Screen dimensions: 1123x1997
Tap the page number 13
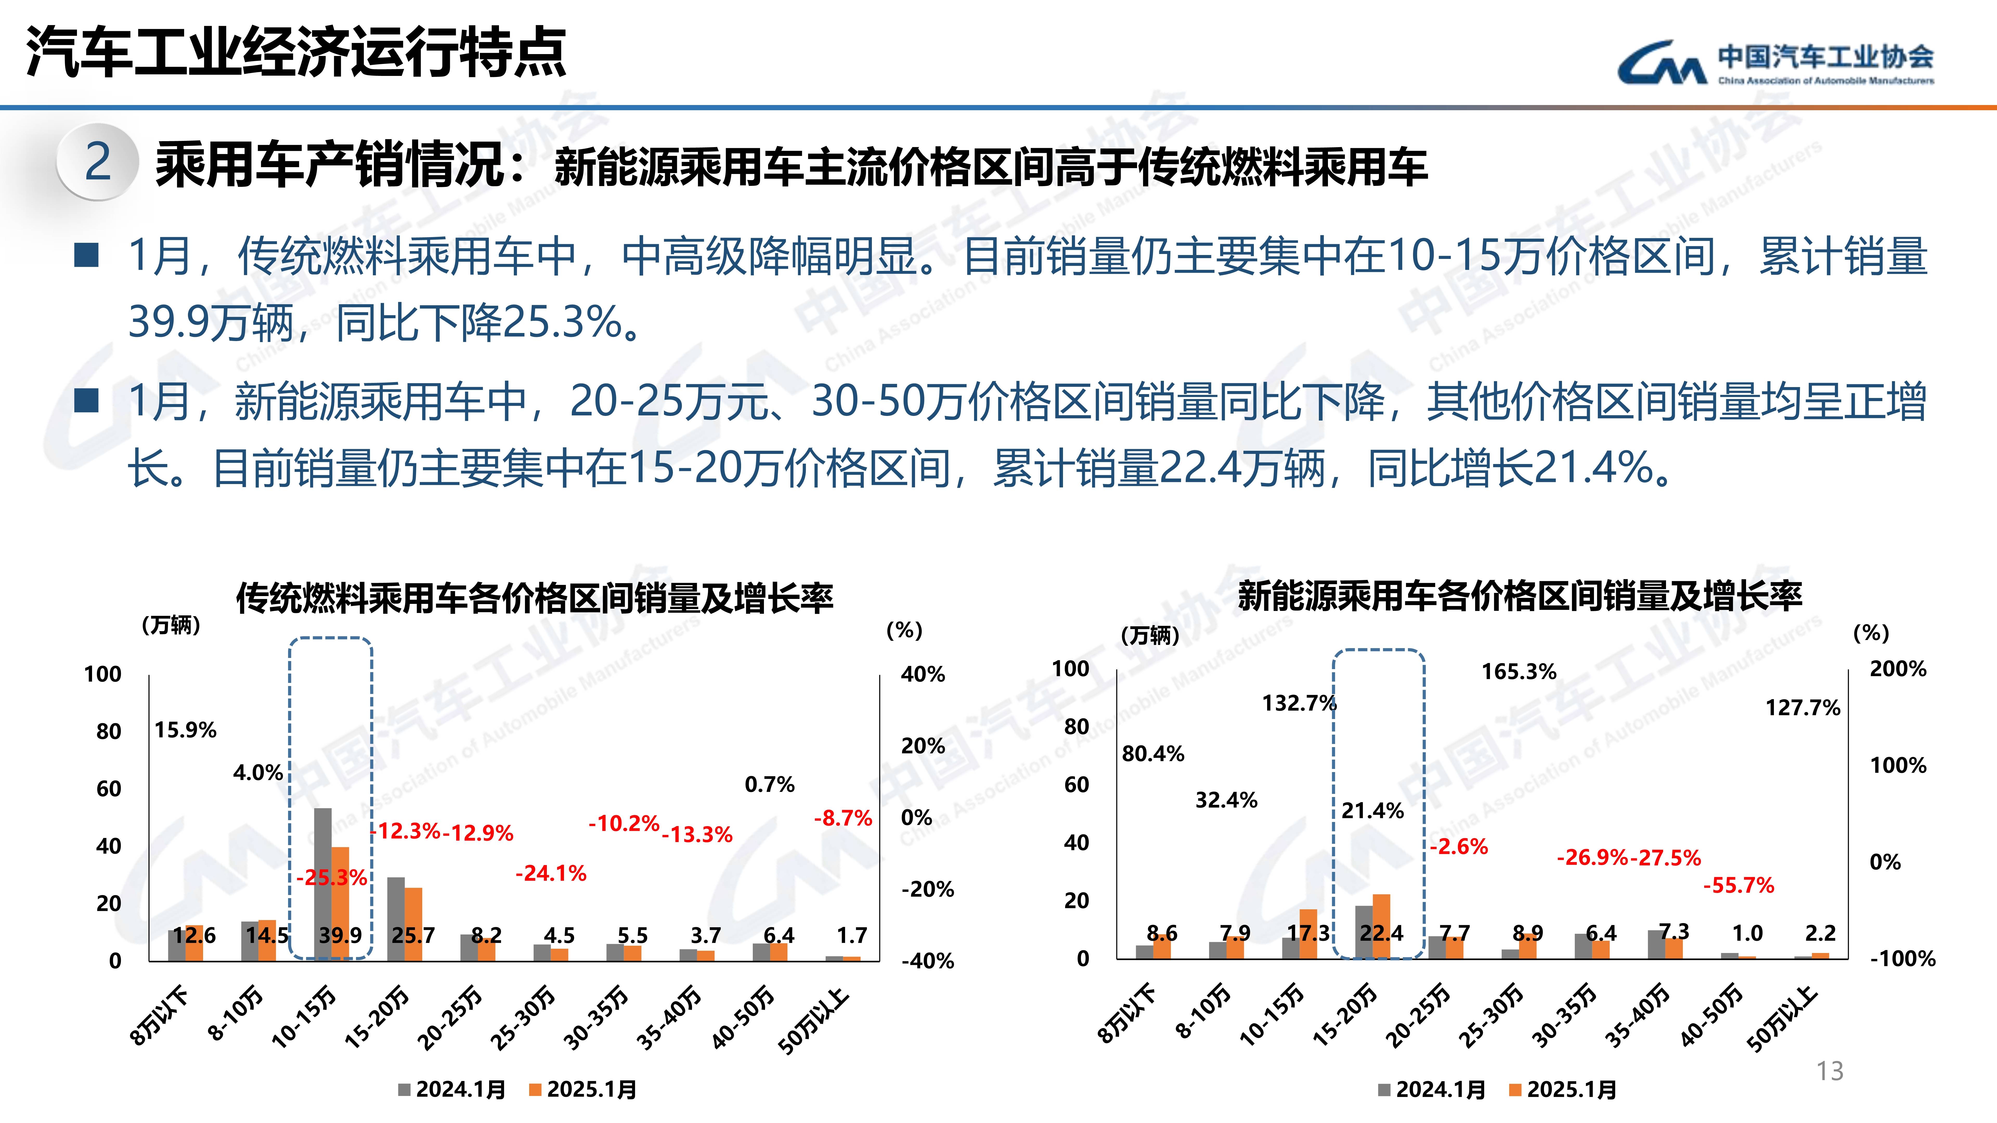[x=1830, y=1071]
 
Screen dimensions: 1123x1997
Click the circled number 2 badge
[x=98, y=162]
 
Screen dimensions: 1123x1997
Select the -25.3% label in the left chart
[x=331, y=877]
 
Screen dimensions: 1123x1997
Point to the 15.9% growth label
[x=185, y=730]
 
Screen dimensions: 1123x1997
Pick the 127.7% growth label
[x=1803, y=708]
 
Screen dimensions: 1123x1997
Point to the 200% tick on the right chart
[x=1898, y=669]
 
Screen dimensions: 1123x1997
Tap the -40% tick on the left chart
[x=927, y=961]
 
